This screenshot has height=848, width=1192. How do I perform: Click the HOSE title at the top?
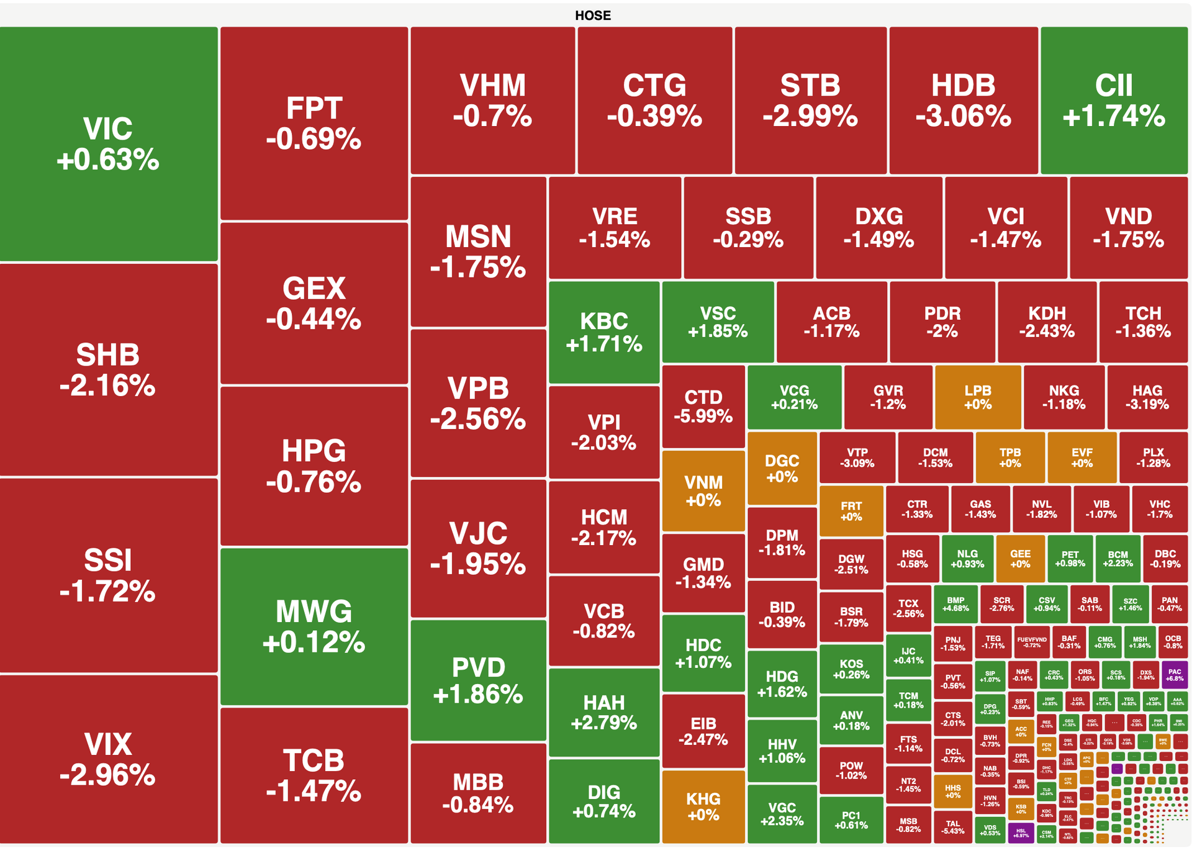pyautogui.click(x=592, y=16)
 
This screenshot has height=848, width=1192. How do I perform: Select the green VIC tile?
pyautogui.click(x=108, y=144)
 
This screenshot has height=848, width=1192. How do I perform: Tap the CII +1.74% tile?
pyautogui.click(x=1114, y=101)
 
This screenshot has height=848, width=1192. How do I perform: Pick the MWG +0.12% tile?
pyautogui.click(x=314, y=626)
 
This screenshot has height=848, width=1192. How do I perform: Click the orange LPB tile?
pyautogui.click(x=977, y=397)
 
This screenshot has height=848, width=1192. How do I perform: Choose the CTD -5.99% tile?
pyautogui.click(x=703, y=407)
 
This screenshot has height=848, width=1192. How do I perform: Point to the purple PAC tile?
pyautogui.click(x=1174, y=675)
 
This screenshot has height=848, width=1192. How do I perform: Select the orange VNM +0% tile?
pyautogui.click(x=703, y=491)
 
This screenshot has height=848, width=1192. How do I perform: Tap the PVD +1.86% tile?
pyautogui.click(x=478, y=680)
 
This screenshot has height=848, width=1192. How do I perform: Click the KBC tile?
pyautogui.click(x=603, y=332)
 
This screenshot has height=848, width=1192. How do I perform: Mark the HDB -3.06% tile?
pyautogui.click(x=963, y=101)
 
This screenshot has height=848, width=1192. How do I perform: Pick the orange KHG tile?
pyautogui.click(x=703, y=806)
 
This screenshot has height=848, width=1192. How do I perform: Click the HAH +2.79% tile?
pyautogui.click(x=603, y=712)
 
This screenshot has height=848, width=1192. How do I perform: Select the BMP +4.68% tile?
pyautogui.click(x=955, y=604)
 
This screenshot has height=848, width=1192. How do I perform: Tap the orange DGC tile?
pyautogui.click(x=782, y=469)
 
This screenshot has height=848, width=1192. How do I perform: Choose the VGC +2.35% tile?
pyautogui.click(x=782, y=814)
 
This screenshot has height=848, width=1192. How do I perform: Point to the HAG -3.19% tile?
pyautogui.click(x=1147, y=397)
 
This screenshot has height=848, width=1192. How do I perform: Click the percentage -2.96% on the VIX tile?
pyautogui.click(x=107, y=775)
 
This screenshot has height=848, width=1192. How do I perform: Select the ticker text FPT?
pyautogui.click(x=314, y=108)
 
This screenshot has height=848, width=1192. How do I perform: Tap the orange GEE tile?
pyautogui.click(x=1020, y=559)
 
